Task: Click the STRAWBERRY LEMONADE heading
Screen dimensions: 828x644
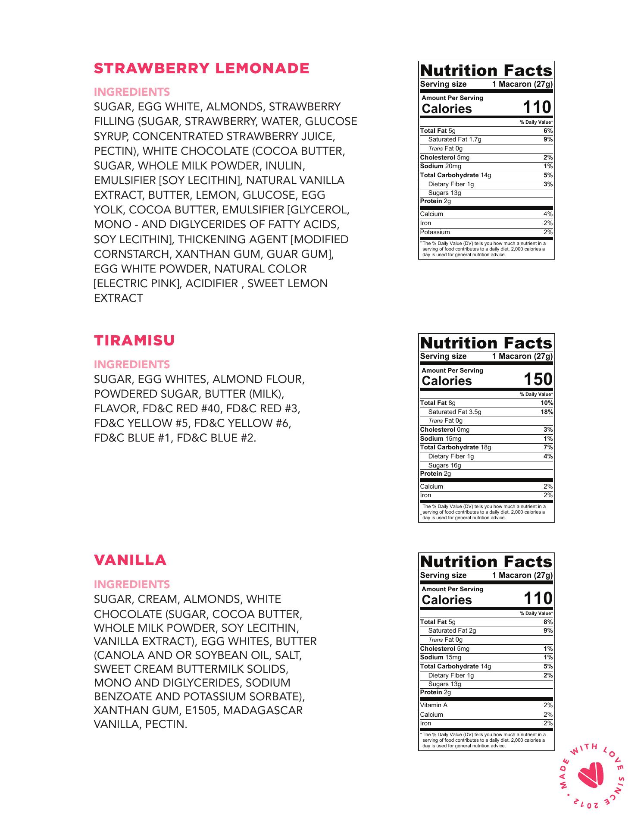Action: pos(201,68)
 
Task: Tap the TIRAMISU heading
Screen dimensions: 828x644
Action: pos(134,340)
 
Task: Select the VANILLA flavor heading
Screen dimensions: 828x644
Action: pos(130,560)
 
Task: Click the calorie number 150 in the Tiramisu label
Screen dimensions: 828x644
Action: pos(538,379)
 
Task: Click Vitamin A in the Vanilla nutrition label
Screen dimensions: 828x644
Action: pos(434,705)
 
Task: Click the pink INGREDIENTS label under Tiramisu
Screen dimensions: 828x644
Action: pos(131,364)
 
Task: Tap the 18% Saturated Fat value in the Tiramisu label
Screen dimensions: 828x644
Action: pos(547,412)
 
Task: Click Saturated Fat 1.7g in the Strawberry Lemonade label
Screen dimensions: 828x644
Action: pos(454,139)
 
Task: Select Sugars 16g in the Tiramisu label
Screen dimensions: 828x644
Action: pos(444,465)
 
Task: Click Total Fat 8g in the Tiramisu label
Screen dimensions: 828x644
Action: pos(438,403)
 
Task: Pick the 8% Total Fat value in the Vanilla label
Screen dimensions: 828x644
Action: pos(548,622)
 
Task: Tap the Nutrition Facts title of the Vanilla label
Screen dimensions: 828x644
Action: pos(486,561)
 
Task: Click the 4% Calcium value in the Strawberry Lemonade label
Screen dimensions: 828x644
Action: pos(548,214)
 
